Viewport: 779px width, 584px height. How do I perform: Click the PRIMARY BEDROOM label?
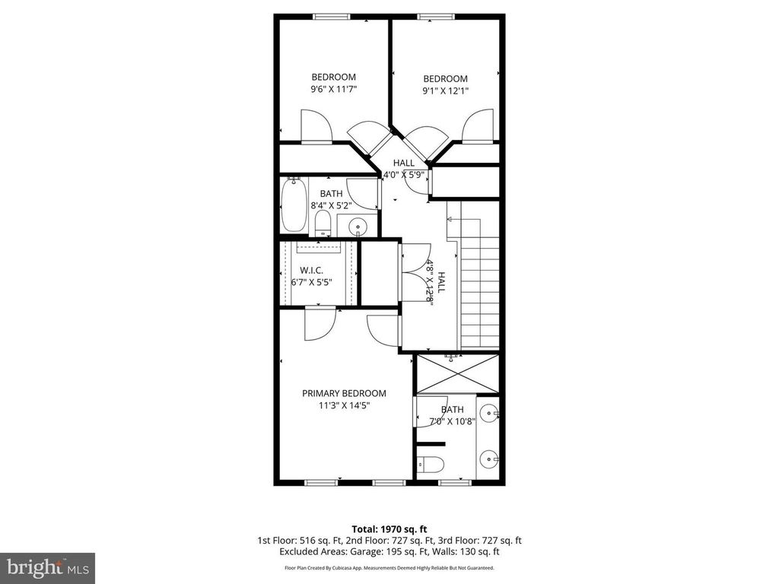(344, 393)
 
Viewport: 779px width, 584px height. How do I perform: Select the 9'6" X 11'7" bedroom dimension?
(333, 90)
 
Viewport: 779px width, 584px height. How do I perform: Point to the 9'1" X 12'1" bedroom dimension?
(445, 91)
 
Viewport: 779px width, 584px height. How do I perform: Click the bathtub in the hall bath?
(293, 205)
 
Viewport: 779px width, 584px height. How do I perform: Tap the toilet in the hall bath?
(323, 223)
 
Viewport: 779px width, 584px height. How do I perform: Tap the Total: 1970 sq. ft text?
(389, 528)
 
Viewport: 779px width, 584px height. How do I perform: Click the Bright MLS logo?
(46, 567)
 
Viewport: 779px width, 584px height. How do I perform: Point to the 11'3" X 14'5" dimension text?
(344, 406)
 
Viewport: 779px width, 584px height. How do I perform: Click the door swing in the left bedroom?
(316, 125)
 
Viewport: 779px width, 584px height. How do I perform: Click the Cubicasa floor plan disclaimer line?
(389, 568)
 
